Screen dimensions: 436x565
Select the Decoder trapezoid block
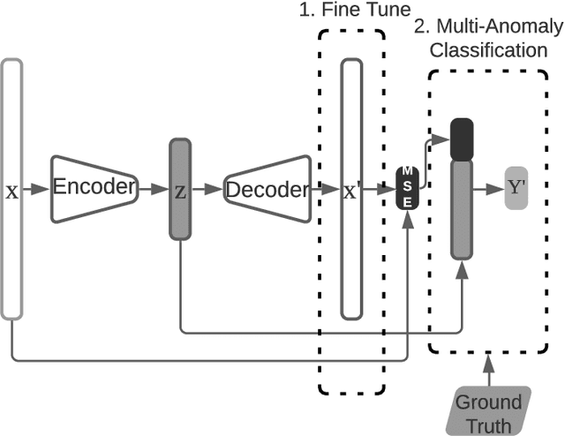tap(267, 190)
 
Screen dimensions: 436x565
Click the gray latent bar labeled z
tap(180, 189)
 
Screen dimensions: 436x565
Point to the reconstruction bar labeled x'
tap(351, 188)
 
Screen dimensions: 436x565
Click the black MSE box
tap(407, 188)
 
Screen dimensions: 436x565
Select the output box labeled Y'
tap(516, 188)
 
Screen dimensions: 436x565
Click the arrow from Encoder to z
tap(152, 189)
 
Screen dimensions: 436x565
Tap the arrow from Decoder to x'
tap(324, 189)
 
